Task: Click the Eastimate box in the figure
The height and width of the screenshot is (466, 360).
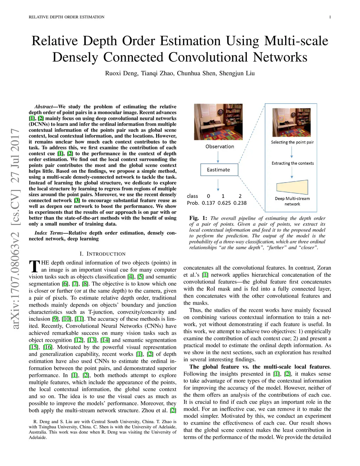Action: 219,170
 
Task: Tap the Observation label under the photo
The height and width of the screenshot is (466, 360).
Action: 220,146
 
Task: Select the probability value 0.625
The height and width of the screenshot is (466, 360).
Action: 225,203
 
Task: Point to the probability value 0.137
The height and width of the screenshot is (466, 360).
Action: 208,203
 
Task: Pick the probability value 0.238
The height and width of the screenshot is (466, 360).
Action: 240,203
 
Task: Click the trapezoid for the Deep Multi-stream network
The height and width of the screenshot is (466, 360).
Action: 292,187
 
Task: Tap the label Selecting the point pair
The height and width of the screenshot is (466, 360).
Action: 292,142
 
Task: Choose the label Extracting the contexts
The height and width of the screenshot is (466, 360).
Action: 292,163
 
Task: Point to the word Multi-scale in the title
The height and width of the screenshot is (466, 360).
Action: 296,41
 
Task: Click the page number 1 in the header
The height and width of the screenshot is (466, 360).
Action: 330,17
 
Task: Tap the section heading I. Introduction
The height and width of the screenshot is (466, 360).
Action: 102,254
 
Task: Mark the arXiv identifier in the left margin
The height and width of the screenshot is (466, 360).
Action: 15,229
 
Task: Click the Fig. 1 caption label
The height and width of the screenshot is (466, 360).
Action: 198,218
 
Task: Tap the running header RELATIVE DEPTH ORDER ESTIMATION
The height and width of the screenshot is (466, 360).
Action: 66,17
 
